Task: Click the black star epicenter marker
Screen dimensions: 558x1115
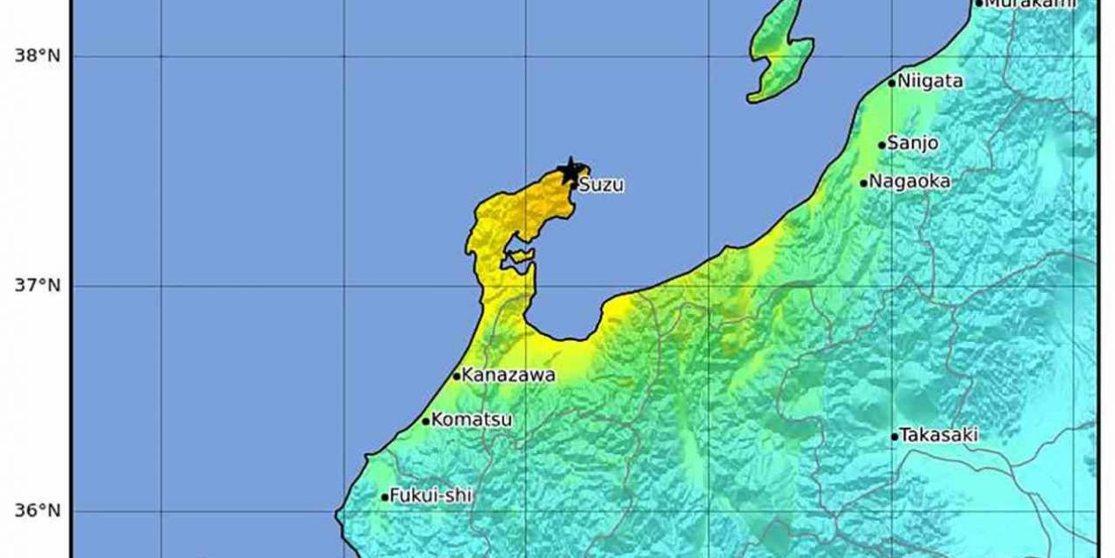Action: pyautogui.click(x=571, y=170)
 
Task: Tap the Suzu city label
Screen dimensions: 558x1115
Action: pyautogui.click(x=601, y=186)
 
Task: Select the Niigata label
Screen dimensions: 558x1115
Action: pyautogui.click(x=930, y=82)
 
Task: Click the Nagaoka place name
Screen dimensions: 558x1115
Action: pyautogui.click(x=911, y=182)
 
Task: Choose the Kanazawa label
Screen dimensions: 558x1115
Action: pyautogui.click(x=508, y=376)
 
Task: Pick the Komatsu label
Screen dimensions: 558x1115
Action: pyautogui.click(x=472, y=420)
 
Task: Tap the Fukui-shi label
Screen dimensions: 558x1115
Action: pyautogui.click(x=430, y=496)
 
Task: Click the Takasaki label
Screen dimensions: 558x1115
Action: pyautogui.click(x=938, y=434)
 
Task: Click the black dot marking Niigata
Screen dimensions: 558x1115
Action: pyautogui.click(x=892, y=83)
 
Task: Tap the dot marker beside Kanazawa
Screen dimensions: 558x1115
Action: pyautogui.click(x=456, y=376)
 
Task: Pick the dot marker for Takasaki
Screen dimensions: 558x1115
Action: pyautogui.click(x=895, y=436)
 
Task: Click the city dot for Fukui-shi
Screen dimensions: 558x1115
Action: pyautogui.click(x=385, y=497)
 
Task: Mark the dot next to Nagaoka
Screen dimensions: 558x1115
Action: pyautogui.click(x=864, y=183)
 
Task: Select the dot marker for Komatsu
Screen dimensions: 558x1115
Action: pyautogui.click(x=426, y=421)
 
